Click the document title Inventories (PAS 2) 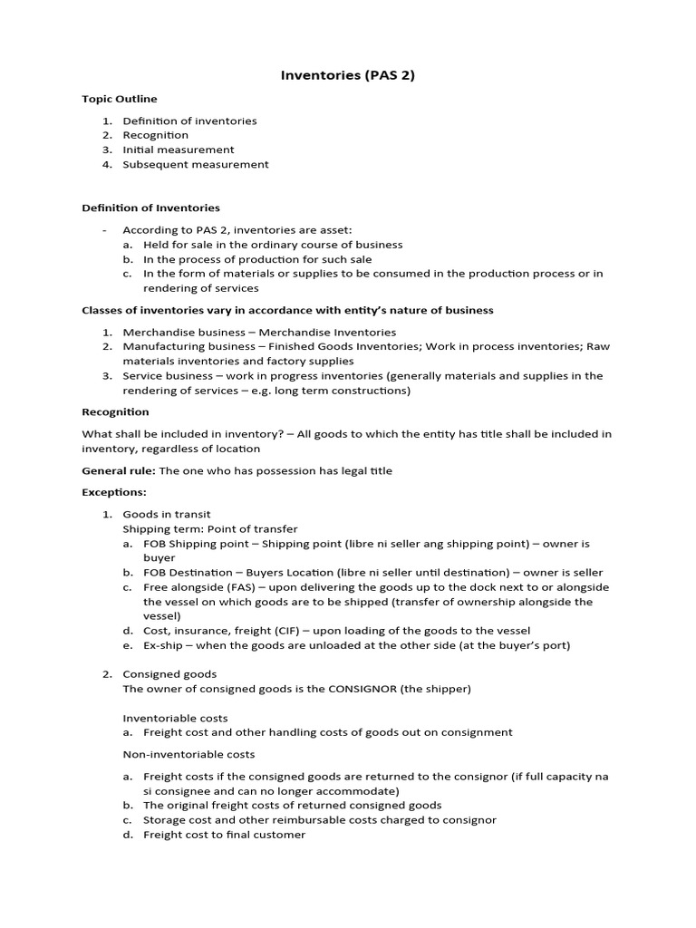(347, 75)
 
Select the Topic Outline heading (119, 99)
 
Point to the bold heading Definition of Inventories (150, 208)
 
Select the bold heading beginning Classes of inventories (287, 310)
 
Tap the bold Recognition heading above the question (115, 411)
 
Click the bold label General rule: (119, 470)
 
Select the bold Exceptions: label (114, 492)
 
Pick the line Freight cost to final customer (224, 835)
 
